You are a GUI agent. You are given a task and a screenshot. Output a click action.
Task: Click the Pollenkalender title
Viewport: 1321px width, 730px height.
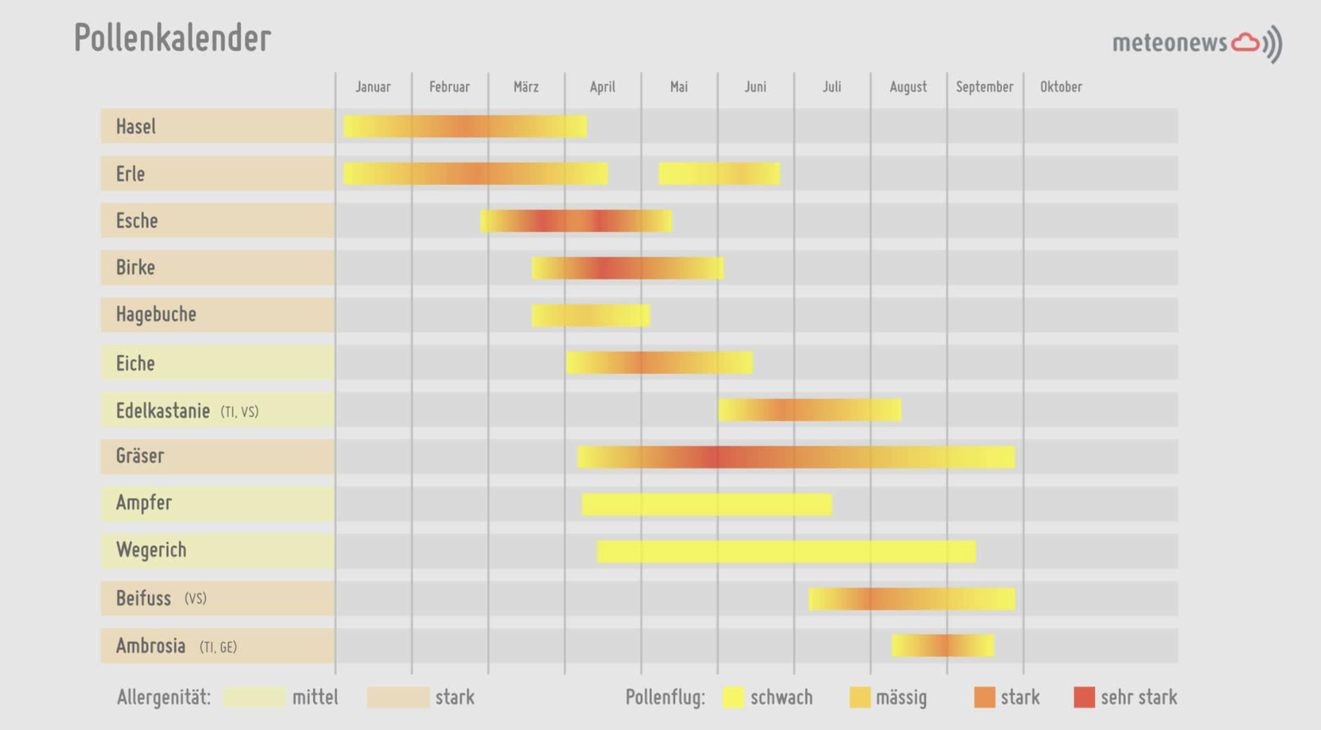172,39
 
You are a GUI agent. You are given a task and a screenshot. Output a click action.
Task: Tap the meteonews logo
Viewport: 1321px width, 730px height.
1196,43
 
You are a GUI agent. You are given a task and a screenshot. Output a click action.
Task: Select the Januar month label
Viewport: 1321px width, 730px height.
373,87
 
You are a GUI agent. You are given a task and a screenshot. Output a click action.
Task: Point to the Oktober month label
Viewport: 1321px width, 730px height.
1060,87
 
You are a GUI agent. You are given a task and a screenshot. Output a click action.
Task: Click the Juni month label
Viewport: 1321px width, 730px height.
755,87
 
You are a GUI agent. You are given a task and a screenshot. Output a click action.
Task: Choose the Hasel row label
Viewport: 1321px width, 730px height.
136,126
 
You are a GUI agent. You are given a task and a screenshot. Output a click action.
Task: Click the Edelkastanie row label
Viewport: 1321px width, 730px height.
163,411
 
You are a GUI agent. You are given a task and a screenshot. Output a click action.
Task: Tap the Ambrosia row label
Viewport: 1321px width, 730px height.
151,646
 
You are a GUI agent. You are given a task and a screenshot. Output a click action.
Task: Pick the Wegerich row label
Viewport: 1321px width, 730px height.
151,550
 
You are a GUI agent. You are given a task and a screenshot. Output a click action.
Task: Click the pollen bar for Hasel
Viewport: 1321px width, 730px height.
465,126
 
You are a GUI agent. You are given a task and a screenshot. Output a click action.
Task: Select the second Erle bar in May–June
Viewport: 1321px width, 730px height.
719,174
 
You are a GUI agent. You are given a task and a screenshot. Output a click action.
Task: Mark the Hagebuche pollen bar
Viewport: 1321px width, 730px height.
591,316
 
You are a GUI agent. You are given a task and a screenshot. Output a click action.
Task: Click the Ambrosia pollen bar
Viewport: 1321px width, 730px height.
943,645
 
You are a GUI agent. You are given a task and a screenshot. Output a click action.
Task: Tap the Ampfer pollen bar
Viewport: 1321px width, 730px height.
707,504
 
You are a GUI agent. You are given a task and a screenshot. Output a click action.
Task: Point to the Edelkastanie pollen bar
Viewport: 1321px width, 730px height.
809,410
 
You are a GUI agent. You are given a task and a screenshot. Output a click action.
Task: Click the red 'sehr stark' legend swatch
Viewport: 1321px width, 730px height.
1084,697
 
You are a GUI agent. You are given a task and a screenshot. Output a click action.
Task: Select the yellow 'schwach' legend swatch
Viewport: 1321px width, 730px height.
733,697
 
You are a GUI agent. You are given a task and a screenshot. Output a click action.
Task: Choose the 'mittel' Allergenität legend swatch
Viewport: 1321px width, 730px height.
255,697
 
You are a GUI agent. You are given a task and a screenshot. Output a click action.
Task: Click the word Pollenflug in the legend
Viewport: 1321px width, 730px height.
665,697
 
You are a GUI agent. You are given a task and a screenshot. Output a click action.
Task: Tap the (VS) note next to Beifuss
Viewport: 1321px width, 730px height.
195,598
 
